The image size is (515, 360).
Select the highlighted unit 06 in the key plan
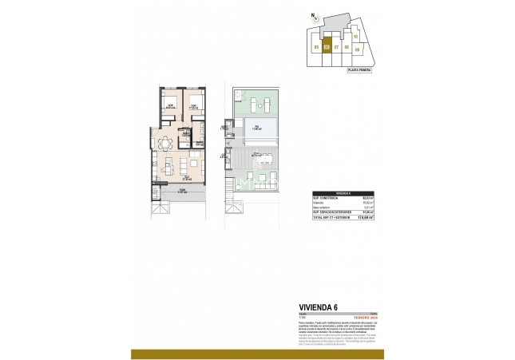point(327,47)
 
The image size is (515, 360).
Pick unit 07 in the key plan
point(337,47)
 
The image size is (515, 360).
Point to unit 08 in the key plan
point(347,47)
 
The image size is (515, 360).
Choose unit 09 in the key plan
point(357,49)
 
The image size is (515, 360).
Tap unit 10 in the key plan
point(355,37)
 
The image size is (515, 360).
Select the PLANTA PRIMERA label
point(359,70)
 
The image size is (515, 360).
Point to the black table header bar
point(345,193)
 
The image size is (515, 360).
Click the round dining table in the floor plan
point(165,144)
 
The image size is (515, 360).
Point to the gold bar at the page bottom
point(257,354)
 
